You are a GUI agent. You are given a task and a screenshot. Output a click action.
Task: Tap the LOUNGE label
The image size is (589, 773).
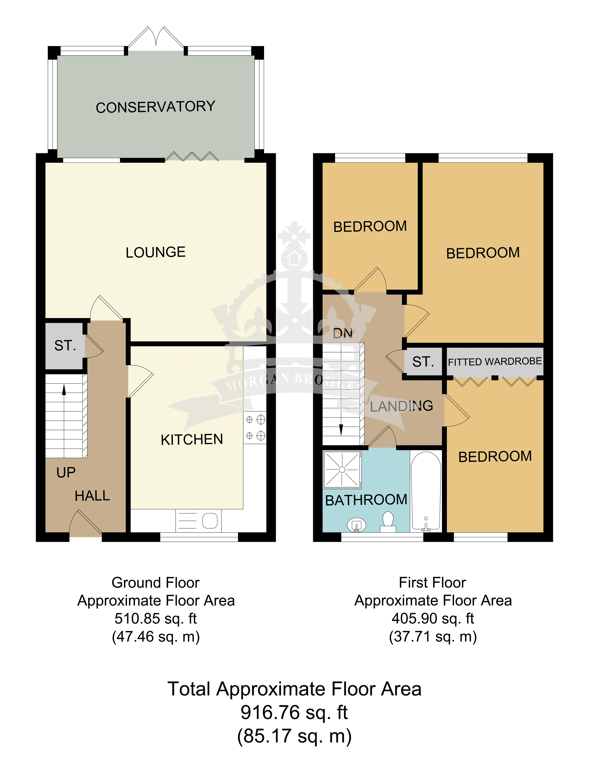point(156,252)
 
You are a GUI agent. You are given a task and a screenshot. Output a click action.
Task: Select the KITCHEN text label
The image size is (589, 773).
point(192,440)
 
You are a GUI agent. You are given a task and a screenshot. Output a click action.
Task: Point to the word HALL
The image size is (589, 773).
point(92,496)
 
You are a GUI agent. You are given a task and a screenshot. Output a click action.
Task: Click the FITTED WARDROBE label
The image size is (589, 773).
point(495,362)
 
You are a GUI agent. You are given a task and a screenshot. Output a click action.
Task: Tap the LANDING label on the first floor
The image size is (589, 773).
point(401,406)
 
